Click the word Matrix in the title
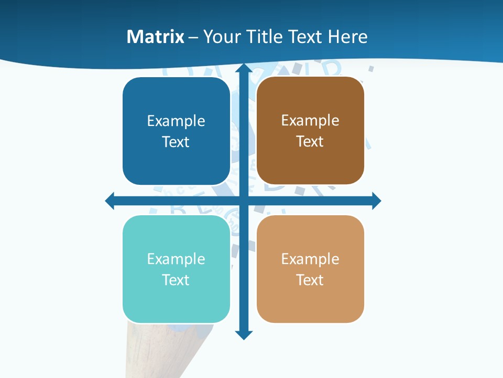tap(155, 37)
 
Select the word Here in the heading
tap(348, 37)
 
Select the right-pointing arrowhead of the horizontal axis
tap(376, 201)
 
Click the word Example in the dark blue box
tap(176, 121)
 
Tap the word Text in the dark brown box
tap(310, 142)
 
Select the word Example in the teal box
tap(176, 259)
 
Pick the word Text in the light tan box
tap(310, 280)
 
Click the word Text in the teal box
tap(176, 280)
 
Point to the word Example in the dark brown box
tap(310, 121)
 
